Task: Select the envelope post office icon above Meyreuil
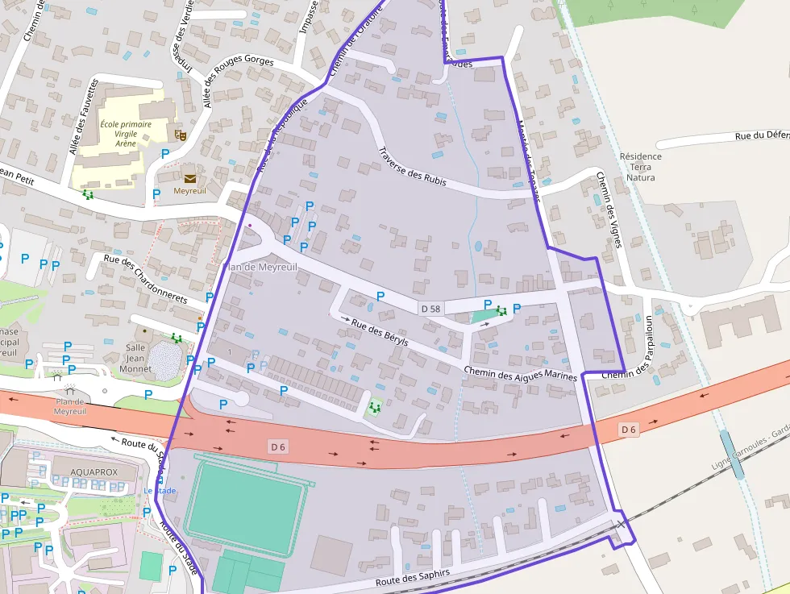click(189, 178)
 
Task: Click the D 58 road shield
click(430, 309)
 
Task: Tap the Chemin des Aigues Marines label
click(521, 372)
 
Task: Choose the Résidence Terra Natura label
click(641, 167)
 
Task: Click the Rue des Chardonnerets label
click(146, 279)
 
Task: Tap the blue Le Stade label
click(160, 491)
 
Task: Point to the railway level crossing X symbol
click(621, 525)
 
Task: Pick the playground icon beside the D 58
click(501, 309)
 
